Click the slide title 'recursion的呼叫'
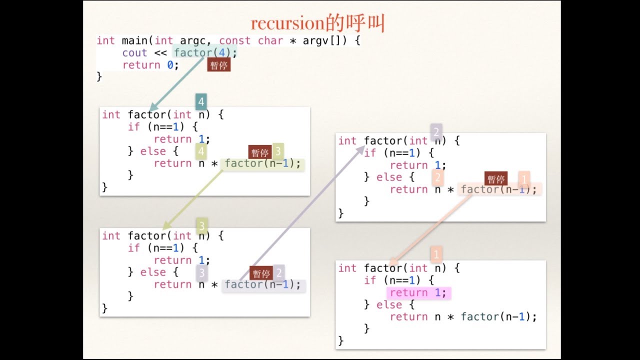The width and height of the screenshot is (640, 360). point(317,23)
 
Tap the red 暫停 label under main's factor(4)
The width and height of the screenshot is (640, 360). point(218,65)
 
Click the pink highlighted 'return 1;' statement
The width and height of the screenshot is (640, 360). point(418,293)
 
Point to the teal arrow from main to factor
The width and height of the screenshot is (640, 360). point(177,83)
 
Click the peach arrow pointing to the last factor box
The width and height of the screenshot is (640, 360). point(430,230)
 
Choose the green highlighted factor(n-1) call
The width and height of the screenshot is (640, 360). point(263,163)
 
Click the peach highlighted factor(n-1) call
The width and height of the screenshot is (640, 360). point(498,189)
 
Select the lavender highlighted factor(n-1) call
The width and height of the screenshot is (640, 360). point(263,284)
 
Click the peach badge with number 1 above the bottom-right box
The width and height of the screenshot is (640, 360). point(435,254)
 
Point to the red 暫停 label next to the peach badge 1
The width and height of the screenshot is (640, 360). point(496,179)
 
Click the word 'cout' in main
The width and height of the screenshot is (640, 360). point(134,53)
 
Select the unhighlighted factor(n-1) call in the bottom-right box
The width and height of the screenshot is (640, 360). point(498,317)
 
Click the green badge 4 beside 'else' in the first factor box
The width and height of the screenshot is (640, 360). point(201,150)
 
